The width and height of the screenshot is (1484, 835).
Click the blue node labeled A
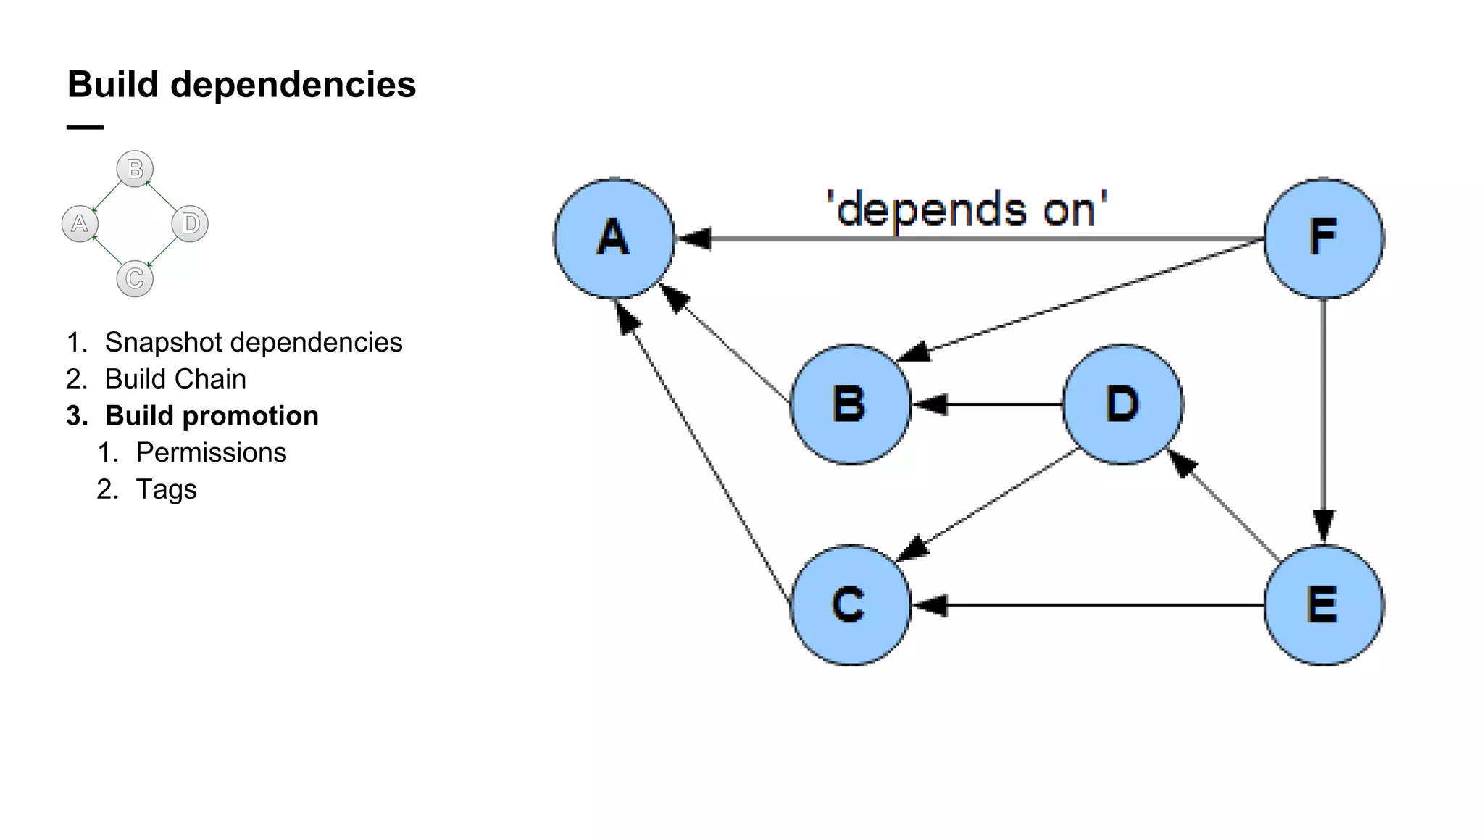[x=614, y=238]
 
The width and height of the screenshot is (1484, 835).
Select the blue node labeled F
[x=1323, y=238]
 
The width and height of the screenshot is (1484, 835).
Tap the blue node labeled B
[x=850, y=404]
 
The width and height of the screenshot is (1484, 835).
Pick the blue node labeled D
[x=1122, y=404]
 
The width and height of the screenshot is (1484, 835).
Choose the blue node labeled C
[x=850, y=605]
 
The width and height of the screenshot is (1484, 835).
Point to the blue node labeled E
[x=1323, y=605]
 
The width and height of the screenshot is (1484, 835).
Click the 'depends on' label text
[x=967, y=210]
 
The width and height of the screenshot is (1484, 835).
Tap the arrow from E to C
[x=1087, y=605]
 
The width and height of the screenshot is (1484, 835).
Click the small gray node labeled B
[x=135, y=169]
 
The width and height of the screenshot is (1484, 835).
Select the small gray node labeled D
[x=190, y=223]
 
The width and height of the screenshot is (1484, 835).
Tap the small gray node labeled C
[x=135, y=278]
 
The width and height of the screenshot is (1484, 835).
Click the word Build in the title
[x=113, y=85]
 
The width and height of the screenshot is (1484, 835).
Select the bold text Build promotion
[x=211, y=416]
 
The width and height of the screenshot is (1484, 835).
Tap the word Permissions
[x=211, y=452]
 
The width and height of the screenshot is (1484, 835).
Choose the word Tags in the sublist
[x=166, y=489]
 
